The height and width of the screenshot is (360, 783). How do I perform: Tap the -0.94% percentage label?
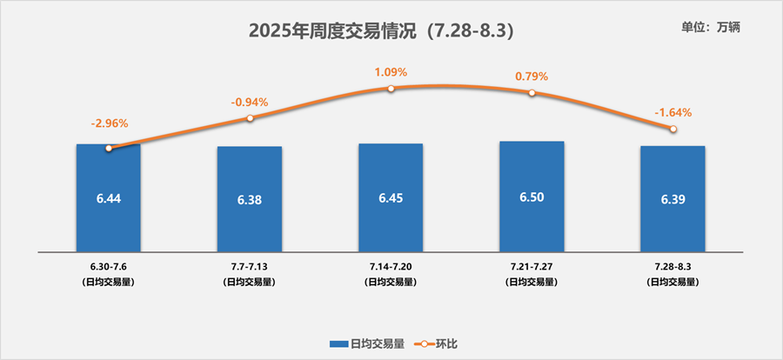(x=250, y=102)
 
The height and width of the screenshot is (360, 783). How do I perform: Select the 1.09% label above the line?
(x=391, y=71)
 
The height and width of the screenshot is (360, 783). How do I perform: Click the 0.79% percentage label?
(x=532, y=77)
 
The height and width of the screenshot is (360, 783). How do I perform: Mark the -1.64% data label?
(x=673, y=111)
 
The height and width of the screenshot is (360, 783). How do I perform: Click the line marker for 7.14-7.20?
(x=391, y=89)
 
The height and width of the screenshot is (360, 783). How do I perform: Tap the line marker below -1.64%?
(x=673, y=129)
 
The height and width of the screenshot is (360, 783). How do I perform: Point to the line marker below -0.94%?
(x=250, y=117)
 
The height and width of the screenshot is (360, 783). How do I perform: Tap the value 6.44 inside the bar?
(x=108, y=199)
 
